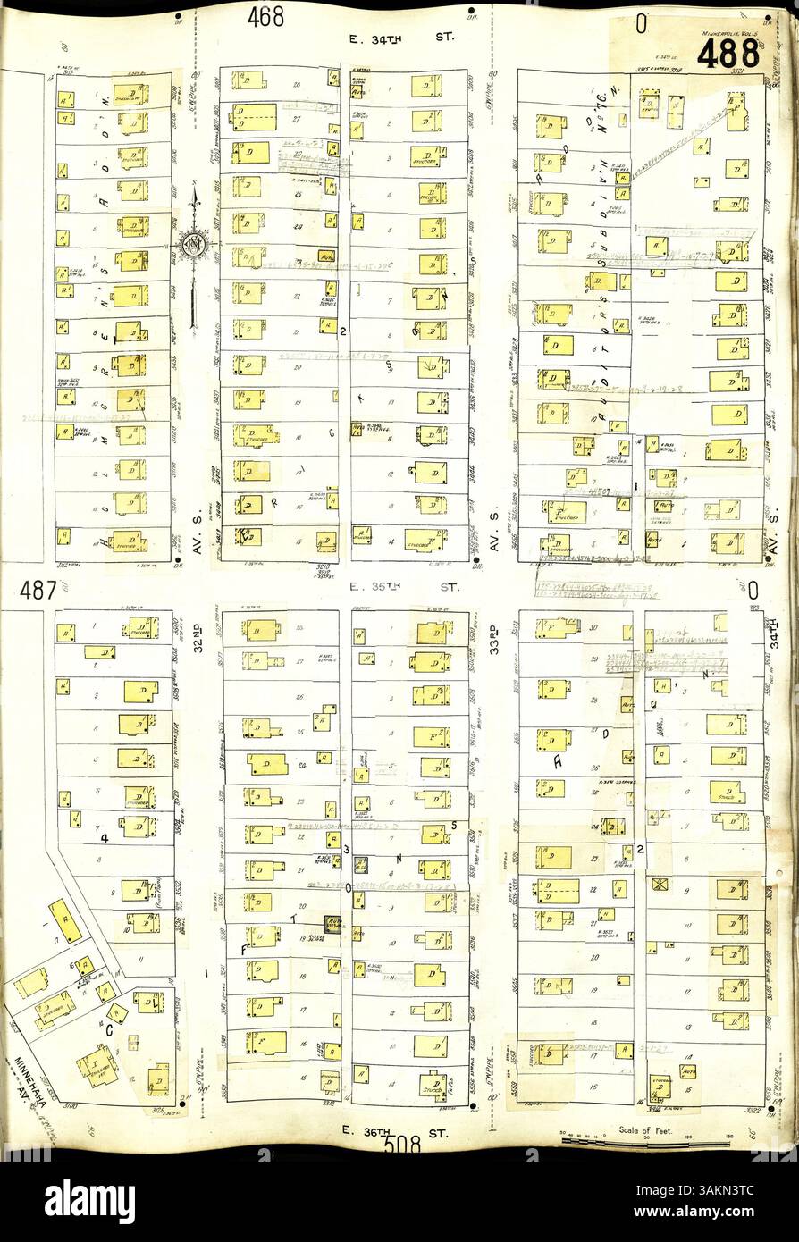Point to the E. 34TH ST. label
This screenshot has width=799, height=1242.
coord(401,39)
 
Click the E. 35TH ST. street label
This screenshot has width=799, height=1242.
coord(402,588)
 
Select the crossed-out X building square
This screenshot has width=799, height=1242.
coord(662,885)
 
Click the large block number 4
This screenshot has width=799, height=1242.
coord(105,837)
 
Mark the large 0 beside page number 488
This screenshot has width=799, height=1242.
coord(641,26)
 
